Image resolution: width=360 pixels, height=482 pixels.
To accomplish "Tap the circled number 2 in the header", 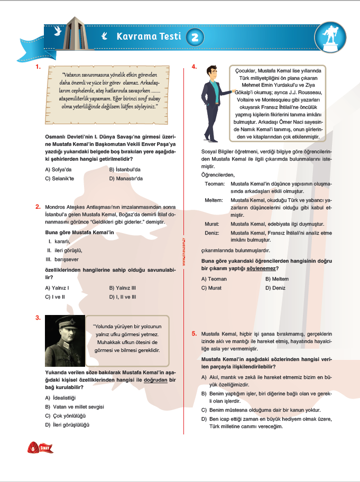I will (x=195, y=36).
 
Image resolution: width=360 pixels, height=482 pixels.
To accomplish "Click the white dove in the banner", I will (x=57, y=31).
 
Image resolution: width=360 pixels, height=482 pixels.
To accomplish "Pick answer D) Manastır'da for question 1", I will (x=126, y=179).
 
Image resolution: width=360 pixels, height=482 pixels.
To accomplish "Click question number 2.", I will (x=38, y=206).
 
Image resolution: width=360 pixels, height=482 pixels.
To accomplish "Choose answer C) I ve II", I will (x=55, y=297).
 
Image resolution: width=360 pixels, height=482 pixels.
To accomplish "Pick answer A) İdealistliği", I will (x=61, y=397).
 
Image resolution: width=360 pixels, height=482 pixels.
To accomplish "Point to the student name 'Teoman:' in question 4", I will (x=215, y=183).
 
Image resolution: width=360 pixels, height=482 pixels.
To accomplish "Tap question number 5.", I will (x=194, y=333).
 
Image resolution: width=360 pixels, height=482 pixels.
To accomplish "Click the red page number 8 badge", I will (x=33, y=448).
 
